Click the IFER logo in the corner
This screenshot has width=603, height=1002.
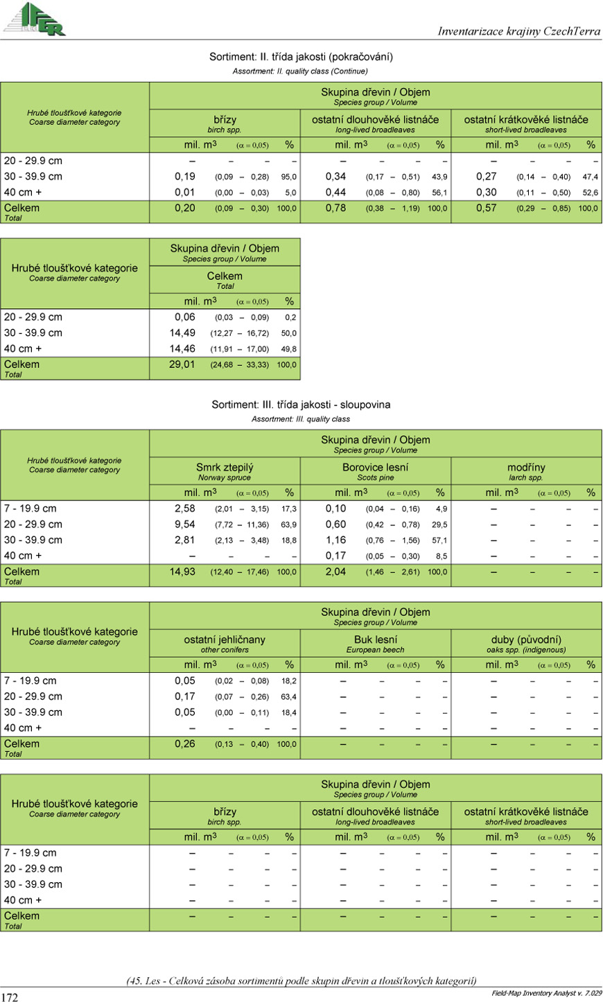click(35, 19)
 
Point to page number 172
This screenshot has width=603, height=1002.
click(10, 996)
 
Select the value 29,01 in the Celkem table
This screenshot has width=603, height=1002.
click(182, 364)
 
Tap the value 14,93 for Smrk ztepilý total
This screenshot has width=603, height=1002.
click(182, 572)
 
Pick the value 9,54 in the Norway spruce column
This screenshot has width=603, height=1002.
click(185, 525)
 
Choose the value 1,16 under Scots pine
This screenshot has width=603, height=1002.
click(335, 540)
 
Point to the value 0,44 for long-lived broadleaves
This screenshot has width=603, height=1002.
click(335, 193)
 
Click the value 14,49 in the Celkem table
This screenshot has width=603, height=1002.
click(182, 333)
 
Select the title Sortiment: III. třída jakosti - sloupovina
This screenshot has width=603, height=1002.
click(301, 405)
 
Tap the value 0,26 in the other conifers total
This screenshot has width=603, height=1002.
click(185, 744)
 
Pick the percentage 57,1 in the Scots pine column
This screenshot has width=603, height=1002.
click(439, 540)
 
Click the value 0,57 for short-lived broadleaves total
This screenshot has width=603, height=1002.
click(487, 208)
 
